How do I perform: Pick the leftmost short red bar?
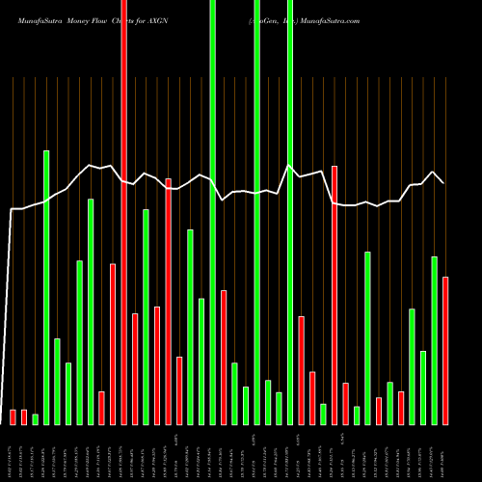pyautogui.click(x=13, y=416)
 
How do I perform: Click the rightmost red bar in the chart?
pyautogui.click(x=445, y=350)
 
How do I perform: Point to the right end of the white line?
pyautogui.click(x=443, y=182)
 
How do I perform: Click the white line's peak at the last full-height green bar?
pyautogui.click(x=289, y=165)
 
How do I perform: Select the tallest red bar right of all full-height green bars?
pyautogui.click(x=335, y=295)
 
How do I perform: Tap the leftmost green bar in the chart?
pyautogui.click(x=36, y=418)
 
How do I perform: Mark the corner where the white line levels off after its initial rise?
pyautogui.click(x=13, y=209)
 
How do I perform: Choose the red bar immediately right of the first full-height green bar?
pyautogui.click(x=224, y=357)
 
